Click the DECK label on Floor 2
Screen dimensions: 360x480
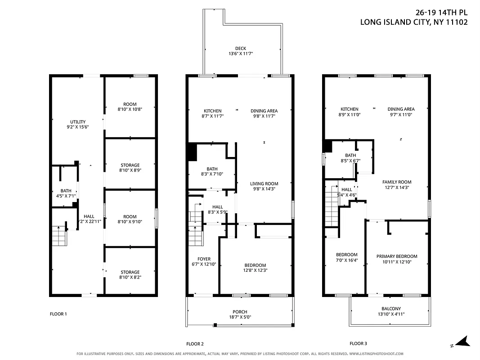[x=241, y=49]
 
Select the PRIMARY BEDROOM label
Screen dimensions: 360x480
[x=396, y=256]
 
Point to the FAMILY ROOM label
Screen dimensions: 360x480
[x=396, y=182]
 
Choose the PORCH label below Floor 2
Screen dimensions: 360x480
[x=240, y=312]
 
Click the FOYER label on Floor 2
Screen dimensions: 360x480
[x=204, y=259]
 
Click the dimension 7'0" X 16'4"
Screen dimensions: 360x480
[x=346, y=260]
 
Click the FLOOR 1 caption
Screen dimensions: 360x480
[x=58, y=314]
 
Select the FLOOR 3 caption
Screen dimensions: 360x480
[x=358, y=344]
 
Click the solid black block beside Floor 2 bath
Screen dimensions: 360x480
[x=192, y=151]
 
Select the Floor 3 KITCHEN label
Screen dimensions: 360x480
[x=349, y=109]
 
